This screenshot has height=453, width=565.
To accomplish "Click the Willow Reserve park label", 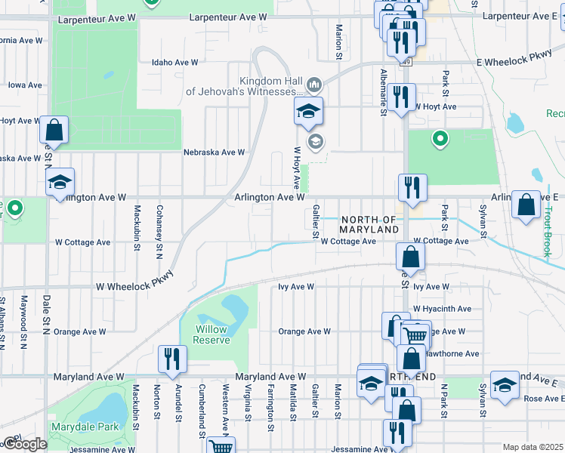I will point(211,335).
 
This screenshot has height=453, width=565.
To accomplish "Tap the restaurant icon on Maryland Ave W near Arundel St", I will point(172,359).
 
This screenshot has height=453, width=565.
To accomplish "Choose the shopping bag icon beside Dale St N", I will point(54,129).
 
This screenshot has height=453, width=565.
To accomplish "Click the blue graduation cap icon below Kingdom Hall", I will point(308,111).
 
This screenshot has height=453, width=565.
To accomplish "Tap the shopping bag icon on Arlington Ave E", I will point(526,204).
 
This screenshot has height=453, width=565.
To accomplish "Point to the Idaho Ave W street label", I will point(174,63).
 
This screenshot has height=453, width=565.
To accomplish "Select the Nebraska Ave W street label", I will point(214,152).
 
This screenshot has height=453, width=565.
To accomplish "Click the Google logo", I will point(25,444).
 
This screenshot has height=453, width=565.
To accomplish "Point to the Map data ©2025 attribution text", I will point(533,447).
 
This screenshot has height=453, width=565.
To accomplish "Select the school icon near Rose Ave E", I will point(505,384).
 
